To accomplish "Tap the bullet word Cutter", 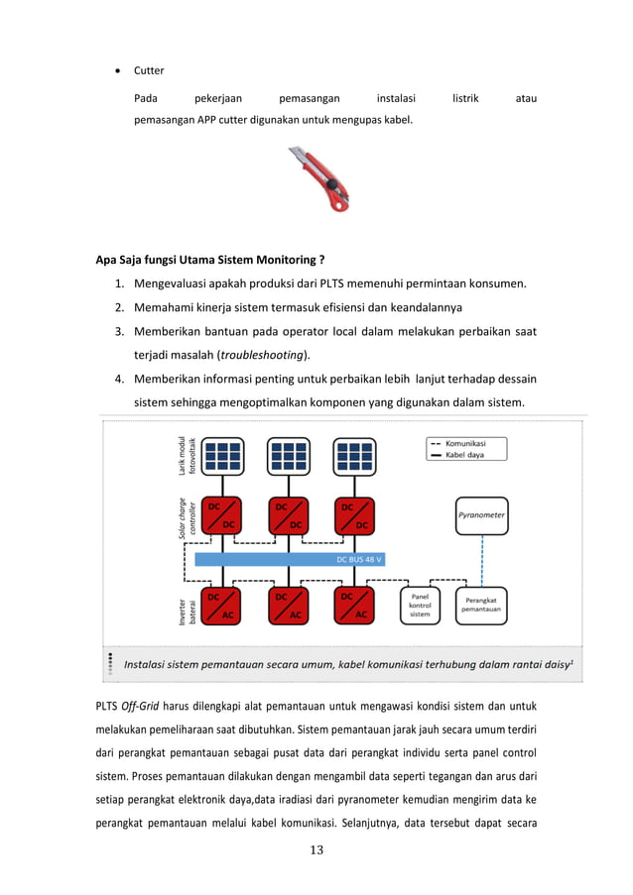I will click(x=149, y=70).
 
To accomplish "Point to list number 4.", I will click(x=118, y=378).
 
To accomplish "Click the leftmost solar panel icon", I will click(x=221, y=455).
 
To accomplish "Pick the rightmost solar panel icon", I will click(x=354, y=455).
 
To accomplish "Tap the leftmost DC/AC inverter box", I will click(x=221, y=605).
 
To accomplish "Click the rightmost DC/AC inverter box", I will click(x=354, y=605).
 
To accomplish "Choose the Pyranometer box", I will click(x=481, y=515).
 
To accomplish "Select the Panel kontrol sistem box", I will click(x=421, y=605).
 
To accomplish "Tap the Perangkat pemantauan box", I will click(x=481, y=605).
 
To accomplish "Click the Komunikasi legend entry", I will click(x=464, y=443).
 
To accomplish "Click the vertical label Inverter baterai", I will click(x=184, y=605).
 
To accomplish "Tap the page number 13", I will click(x=316, y=848).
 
